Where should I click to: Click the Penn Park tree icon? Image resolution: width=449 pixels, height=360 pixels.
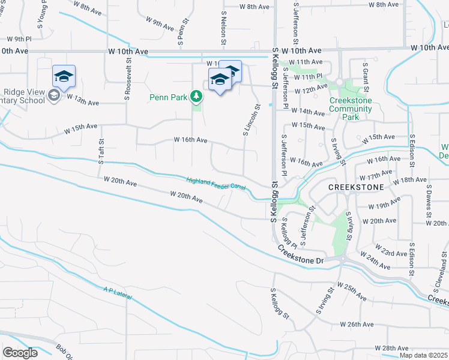pyautogui.click(x=196, y=96)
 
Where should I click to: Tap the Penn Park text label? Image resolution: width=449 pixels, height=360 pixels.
pyautogui.click(x=169, y=97)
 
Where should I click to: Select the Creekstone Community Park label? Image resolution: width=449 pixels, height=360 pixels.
pyautogui.click(x=351, y=109)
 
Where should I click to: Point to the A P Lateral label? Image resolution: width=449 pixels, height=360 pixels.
pyautogui.click(x=116, y=294)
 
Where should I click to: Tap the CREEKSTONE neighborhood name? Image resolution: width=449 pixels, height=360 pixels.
pyautogui.click(x=355, y=187)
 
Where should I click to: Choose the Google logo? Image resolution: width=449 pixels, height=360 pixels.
pyautogui.click(x=20, y=353)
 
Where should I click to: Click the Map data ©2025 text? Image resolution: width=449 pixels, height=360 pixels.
pyautogui.click(x=423, y=355)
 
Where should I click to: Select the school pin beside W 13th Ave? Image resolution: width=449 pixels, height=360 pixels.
pyautogui.click(x=64, y=76)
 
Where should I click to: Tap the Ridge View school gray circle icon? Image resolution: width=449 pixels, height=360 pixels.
pyautogui.click(x=53, y=97)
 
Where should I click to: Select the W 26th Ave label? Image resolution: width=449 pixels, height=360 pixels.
pyautogui.click(x=357, y=325)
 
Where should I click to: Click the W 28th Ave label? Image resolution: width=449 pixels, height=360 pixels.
pyautogui.click(x=391, y=348)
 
